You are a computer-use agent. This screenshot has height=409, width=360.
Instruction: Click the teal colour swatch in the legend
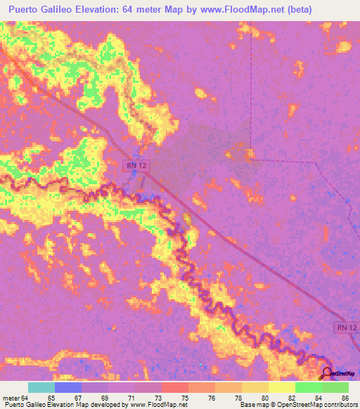point(41,387)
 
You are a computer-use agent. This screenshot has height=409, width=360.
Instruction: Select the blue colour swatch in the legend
point(68,387)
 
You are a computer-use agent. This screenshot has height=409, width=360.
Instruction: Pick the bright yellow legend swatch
point(281,387)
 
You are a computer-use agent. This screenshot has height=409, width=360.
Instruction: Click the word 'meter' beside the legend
point(11,397)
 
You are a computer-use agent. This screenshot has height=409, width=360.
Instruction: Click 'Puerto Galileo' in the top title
point(43,10)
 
